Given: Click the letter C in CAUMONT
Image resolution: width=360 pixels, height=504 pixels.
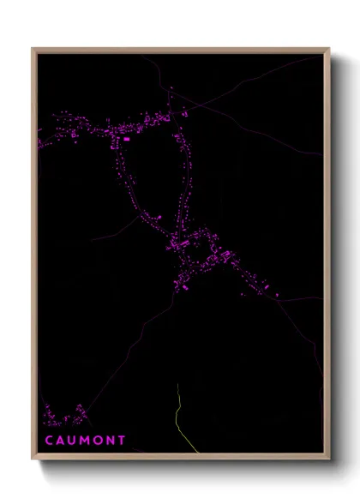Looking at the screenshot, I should click(x=48, y=440).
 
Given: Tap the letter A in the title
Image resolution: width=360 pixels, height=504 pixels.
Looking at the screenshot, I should click(x=60, y=440).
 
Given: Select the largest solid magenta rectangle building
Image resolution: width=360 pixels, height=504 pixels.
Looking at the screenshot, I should click(x=127, y=138).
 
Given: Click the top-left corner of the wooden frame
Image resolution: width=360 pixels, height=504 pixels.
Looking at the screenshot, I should click(x=33, y=49).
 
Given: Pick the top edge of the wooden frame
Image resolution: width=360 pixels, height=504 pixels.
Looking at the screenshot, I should click(x=180, y=50).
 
